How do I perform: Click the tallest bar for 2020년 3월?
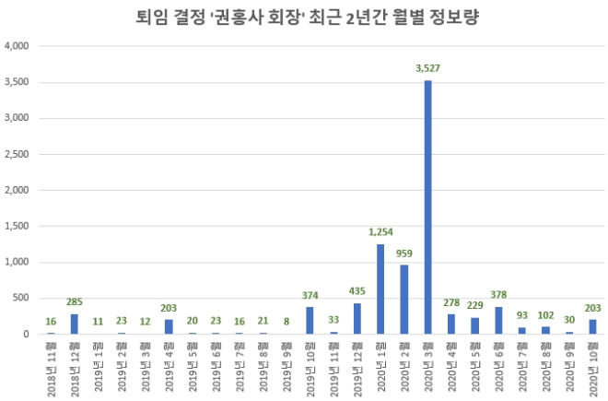(428, 207)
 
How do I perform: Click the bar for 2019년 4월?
(169, 327)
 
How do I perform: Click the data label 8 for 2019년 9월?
(286, 323)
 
